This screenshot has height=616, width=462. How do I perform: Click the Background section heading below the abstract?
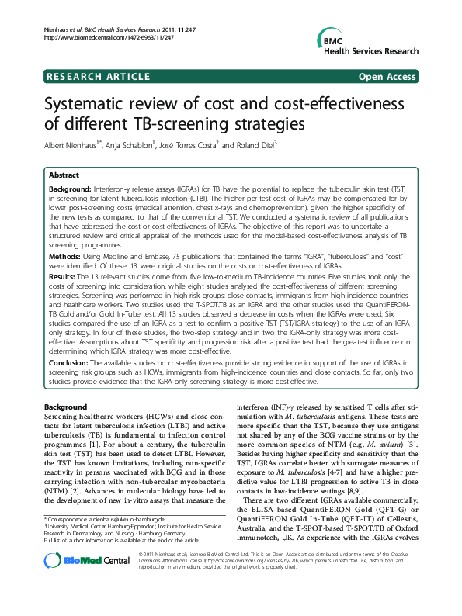point(66,407)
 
